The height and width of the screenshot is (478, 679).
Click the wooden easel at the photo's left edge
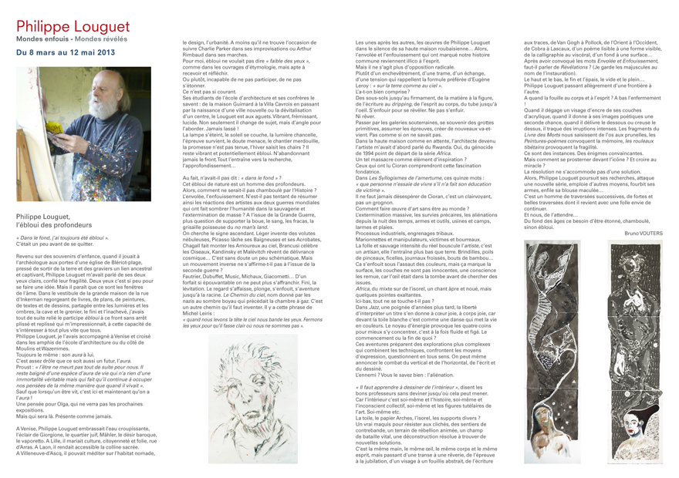pyautogui.click(x=23, y=139)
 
